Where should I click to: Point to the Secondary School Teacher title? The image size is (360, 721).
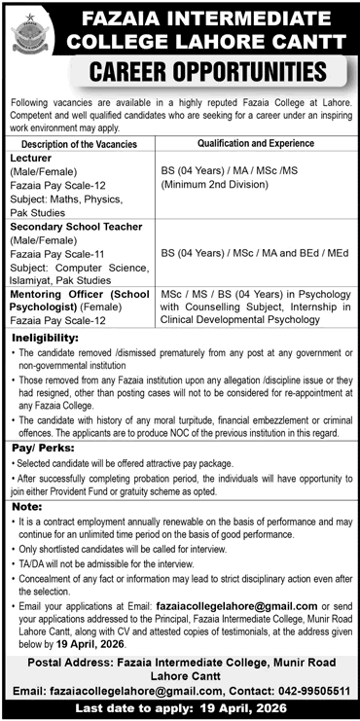coord(76,226)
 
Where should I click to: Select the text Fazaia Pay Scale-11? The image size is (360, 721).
coord(58,251)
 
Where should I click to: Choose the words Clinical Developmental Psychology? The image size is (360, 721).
coord(233,316)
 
